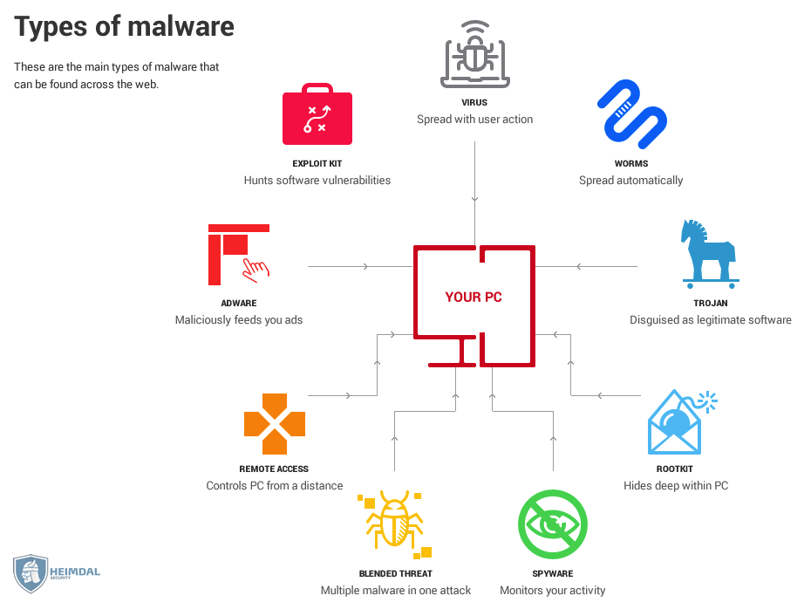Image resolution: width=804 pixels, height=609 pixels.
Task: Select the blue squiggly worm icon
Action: (632, 113)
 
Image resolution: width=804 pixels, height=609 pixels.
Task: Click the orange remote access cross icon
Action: (274, 424)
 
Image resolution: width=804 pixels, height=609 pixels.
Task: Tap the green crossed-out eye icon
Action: (553, 524)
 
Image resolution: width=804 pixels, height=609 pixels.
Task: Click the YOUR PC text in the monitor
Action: (474, 298)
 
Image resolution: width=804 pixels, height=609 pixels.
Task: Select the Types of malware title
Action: (124, 27)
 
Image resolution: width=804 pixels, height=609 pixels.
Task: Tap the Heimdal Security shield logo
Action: (31, 573)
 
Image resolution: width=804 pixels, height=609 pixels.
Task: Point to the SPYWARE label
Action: (553, 573)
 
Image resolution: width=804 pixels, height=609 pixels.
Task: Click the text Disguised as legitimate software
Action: (711, 320)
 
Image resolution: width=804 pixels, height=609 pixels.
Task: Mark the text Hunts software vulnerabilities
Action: (317, 181)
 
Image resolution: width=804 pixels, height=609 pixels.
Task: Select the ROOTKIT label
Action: (675, 469)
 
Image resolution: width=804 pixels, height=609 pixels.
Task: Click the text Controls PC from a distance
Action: (275, 486)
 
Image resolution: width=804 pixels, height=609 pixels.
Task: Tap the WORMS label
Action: (631, 163)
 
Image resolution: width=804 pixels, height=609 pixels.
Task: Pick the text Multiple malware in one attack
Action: (396, 591)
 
